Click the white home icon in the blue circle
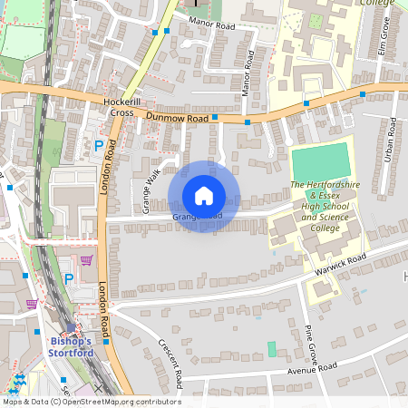204,196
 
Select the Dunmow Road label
179,119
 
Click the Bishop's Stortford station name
70,347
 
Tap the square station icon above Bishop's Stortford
71,327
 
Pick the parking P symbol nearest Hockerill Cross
99,145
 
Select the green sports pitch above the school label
320,161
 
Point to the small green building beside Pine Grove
272,349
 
